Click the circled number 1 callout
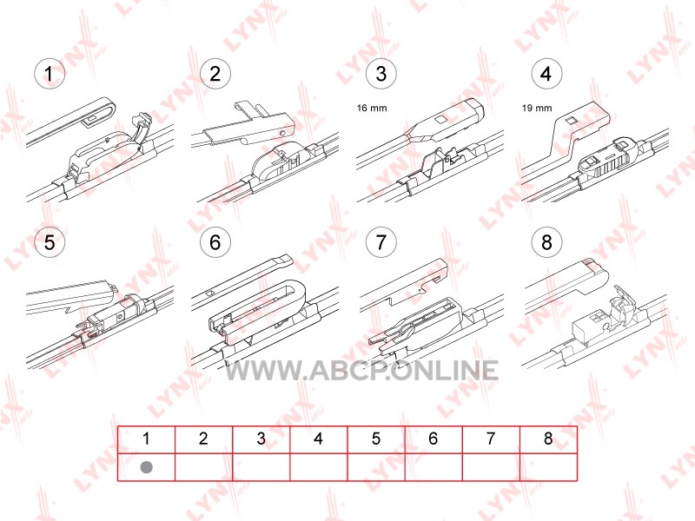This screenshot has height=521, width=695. coord(50,74)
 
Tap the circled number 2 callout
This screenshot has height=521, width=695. coord(215,74)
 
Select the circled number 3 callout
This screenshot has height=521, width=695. coord(381,74)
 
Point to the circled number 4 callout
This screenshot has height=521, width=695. coord(546,74)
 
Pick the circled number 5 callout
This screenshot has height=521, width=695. coord(50,242)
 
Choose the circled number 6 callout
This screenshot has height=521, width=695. coord(215,242)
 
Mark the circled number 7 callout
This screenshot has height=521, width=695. coord(381,242)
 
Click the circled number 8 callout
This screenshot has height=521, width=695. coord(546,242)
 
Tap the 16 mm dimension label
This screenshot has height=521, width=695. coord(372,108)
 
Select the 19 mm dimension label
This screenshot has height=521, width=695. coord(537,108)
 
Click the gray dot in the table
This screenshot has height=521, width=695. coord(146,467)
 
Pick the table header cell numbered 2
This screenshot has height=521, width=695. coord(203,439)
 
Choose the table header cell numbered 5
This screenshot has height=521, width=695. coord(376,439)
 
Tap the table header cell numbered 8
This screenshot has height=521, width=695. coord(548,439)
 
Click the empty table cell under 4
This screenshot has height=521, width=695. coord(319,467)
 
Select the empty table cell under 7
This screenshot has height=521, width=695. coord(491,467)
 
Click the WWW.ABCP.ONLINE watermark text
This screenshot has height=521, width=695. coord(361,371)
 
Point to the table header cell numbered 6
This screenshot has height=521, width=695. coord(434,439)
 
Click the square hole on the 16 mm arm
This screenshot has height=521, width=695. coord(440,120)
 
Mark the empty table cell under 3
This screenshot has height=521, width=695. coord(261,467)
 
